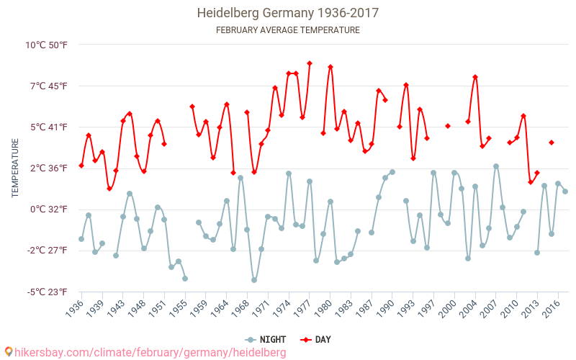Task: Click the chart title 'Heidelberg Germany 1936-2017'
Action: (x=288, y=13)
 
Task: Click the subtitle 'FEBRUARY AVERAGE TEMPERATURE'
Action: (x=288, y=30)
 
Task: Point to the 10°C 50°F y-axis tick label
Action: (x=47, y=45)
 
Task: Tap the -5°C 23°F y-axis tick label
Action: (x=48, y=292)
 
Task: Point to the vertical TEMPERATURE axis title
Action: (x=15, y=168)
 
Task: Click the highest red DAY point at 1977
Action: (x=310, y=63)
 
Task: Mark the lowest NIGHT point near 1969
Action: (x=254, y=280)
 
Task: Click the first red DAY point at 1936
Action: (x=81, y=166)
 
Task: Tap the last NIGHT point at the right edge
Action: (x=565, y=192)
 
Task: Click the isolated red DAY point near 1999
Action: (x=448, y=126)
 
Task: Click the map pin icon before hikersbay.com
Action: (x=9, y=352)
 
